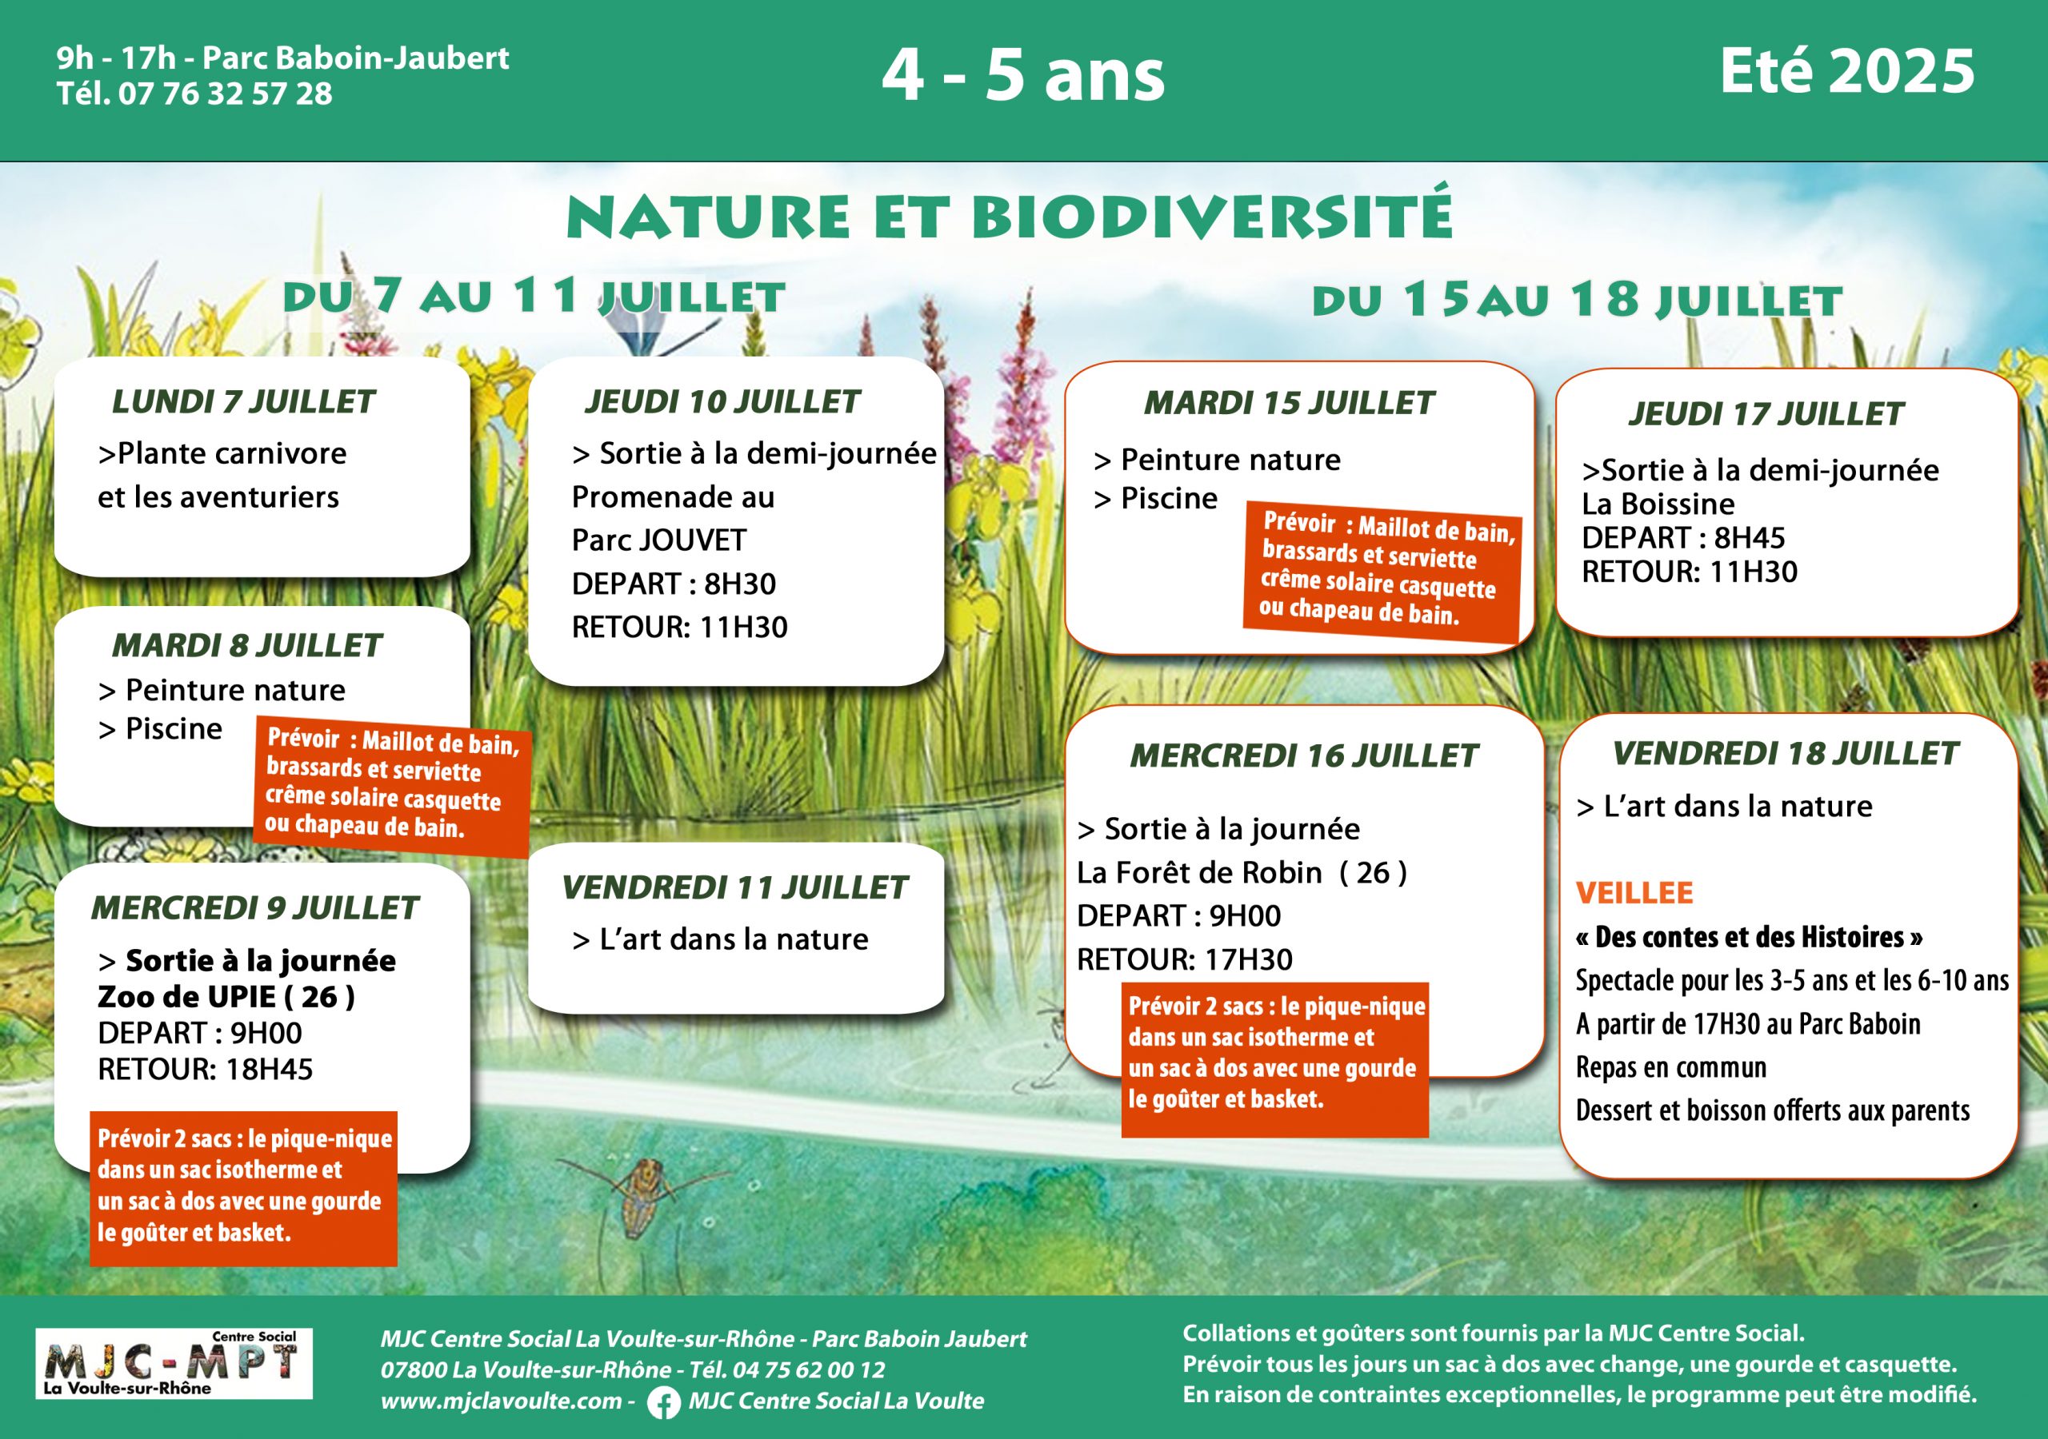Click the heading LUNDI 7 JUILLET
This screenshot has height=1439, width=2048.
point(242,402)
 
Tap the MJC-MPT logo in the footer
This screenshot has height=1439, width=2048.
point(174,1363)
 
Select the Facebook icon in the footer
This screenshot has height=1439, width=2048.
point(662,1402)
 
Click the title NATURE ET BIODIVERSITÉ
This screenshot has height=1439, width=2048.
point(1009,217)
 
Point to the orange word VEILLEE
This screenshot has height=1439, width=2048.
point(1634,892)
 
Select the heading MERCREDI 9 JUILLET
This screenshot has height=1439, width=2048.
point(254,907)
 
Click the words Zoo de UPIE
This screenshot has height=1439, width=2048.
point(186,997)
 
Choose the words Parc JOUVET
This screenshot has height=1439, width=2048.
point(658,540)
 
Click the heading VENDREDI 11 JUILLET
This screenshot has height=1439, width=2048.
point(734,888)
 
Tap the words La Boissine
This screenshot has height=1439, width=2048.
point(1658,504)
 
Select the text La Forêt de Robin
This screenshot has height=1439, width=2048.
point(1199,873)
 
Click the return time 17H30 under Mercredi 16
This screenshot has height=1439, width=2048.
point(1248,959)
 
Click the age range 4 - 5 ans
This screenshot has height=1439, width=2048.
point(1023,75)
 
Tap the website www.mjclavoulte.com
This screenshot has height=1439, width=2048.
point(501,1401)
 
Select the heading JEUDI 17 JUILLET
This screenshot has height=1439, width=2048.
point(1766,413)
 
